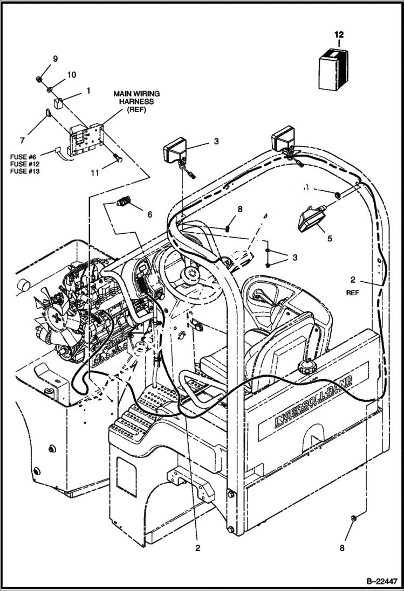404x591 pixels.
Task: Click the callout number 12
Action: [x=339, y=35]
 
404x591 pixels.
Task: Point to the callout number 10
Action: [x=71, y=74]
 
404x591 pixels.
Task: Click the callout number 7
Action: [x=22, y=141]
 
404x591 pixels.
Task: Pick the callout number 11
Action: [x=95, y=173]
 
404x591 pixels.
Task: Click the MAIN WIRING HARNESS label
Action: [x=136, y=101]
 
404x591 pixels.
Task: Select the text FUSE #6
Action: [x=23, y=156]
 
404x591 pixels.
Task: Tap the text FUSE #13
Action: [x=24, y=171]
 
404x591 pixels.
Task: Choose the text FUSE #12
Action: [x=24, y=164]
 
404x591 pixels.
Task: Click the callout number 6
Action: [x=149, y=214]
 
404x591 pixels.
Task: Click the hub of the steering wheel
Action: [x=190, y=274]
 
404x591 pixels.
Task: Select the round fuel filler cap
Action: [x=305, y=370]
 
